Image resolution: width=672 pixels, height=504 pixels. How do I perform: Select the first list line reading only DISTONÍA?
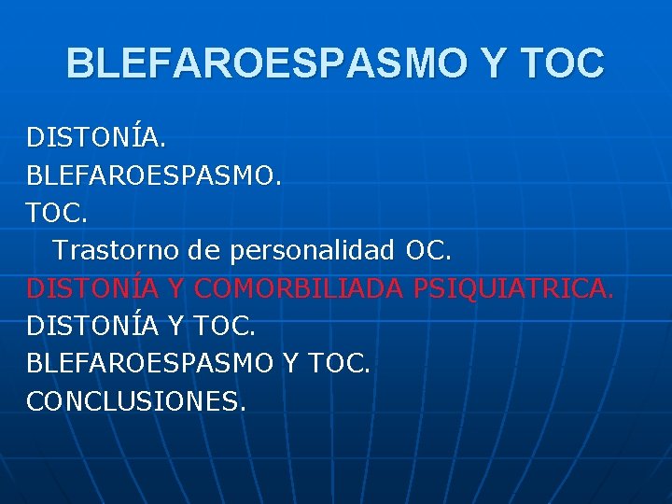click(96, 137)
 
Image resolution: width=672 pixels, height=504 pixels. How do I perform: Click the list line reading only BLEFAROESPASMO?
click(151, 175)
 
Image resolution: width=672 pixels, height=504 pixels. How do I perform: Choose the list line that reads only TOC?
click(57, 213)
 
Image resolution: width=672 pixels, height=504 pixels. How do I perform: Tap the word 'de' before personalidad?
click(204, 251)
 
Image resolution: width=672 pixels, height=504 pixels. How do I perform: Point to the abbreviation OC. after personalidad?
click(428, 251)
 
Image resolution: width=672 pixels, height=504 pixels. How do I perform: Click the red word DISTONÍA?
click(93, 288)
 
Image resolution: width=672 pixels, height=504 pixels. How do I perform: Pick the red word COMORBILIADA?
click(299, 288)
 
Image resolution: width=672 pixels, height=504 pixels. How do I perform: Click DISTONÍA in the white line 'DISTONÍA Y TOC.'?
click(93, 326)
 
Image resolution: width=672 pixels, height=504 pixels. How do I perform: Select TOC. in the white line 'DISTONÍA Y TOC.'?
click(226, 326)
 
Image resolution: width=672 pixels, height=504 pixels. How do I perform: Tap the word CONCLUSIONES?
click(136, 401)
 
